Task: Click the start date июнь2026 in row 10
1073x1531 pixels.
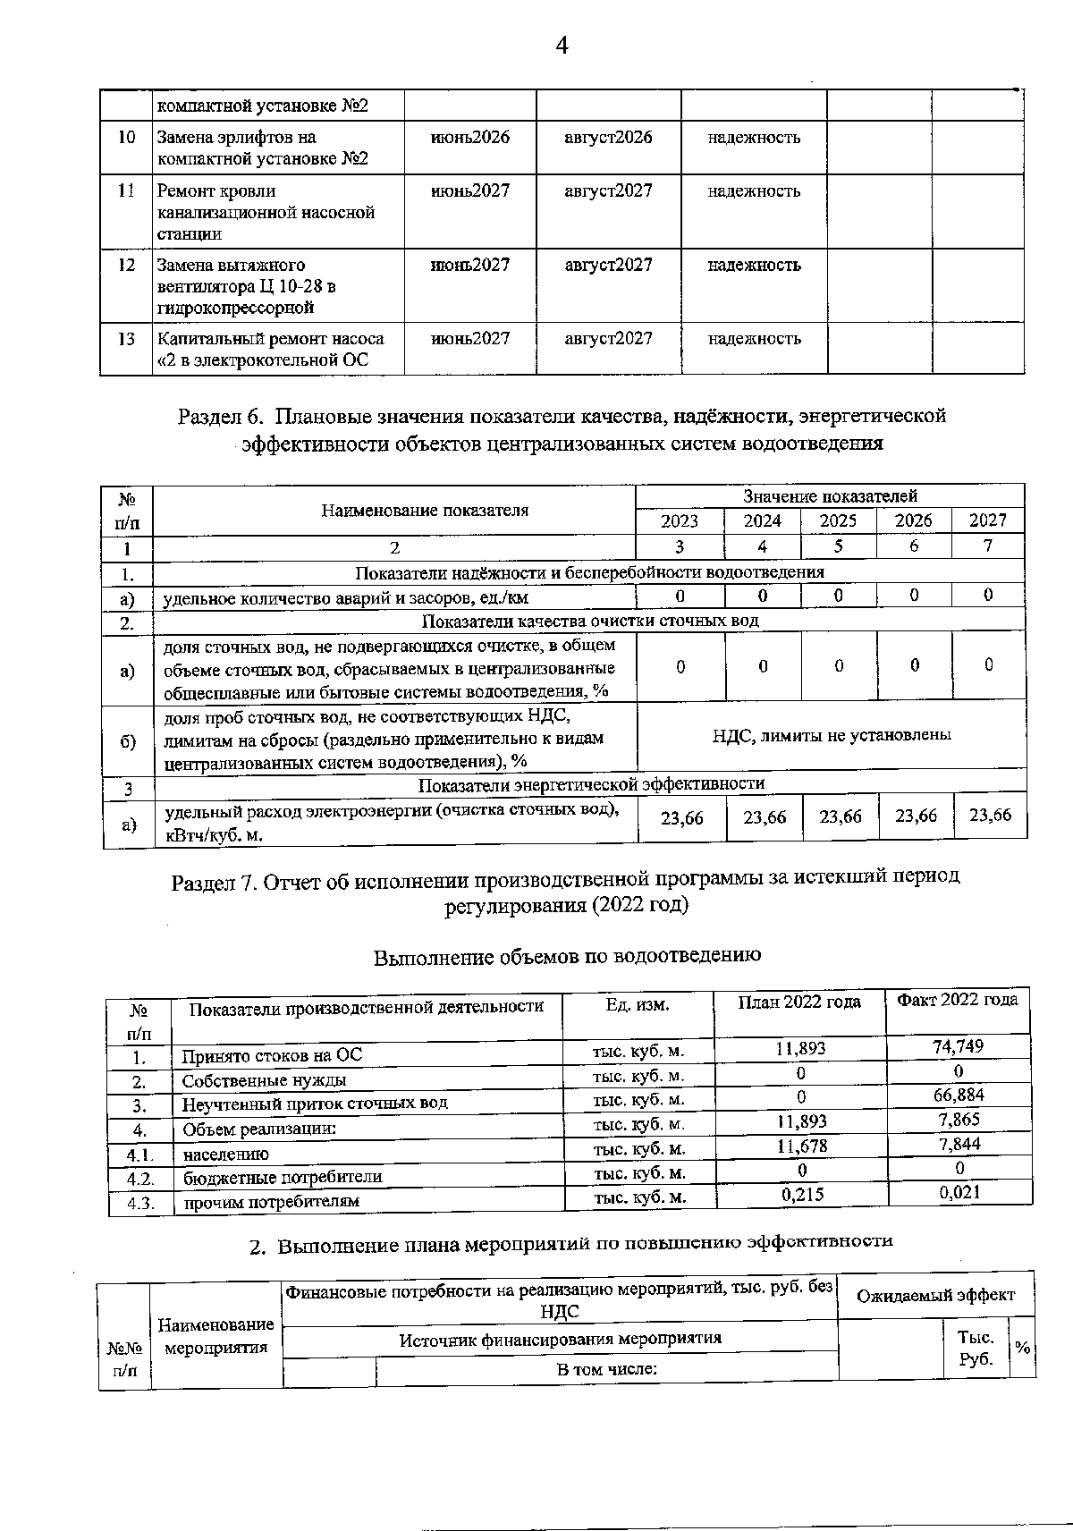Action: pos(470,138)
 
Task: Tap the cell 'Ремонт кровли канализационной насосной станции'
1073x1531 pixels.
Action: pos(266,212)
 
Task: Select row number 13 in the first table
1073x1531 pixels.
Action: pos(126,339)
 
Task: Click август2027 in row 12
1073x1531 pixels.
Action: pos(608,265)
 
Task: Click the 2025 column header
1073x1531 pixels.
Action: pos(838,520)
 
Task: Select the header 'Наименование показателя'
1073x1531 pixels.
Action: pos(425,511)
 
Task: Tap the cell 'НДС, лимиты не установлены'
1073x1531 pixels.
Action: pos(832,734)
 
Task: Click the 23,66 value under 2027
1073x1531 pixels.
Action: pos(990,815)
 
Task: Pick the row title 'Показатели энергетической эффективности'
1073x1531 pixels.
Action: pos(591,783)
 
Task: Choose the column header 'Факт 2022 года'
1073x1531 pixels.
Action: pos(957,1000)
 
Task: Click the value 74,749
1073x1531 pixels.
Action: pos(958,1046)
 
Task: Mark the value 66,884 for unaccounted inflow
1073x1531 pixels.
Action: pos(959,1095)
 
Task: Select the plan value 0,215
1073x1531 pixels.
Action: pos(802,1194)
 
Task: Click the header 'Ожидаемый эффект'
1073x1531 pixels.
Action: pos(935,1295)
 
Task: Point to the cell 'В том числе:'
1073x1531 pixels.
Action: pos(607,1369)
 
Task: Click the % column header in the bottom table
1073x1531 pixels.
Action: pos(1021,1347)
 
